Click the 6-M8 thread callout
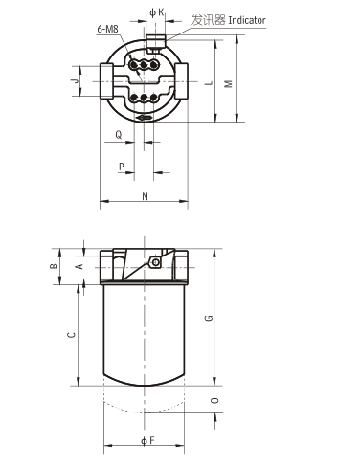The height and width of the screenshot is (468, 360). [x=107, y=31]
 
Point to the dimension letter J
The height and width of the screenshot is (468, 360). [x=74, y=82]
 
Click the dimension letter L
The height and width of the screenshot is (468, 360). [x=208, y=82]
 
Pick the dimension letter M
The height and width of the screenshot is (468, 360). [x=228, y=82]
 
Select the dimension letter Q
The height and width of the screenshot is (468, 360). [x=118, y=135]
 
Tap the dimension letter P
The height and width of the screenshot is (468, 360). [x=122, y=167]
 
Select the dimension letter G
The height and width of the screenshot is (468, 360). [x=208, y=317]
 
